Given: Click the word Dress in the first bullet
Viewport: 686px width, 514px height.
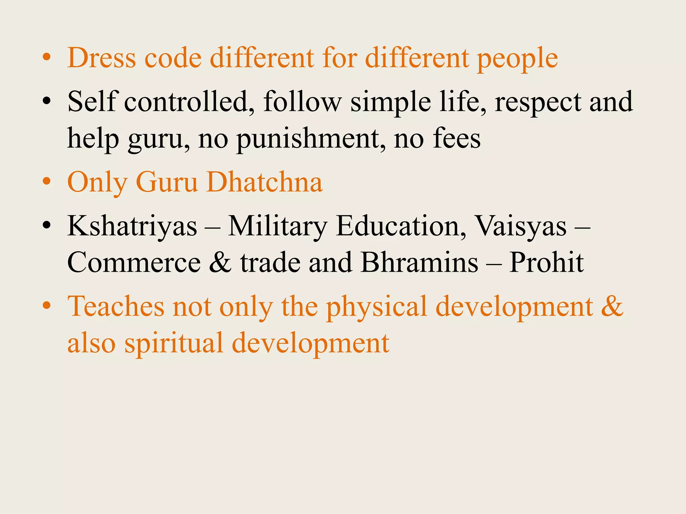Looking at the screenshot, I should [101, 58].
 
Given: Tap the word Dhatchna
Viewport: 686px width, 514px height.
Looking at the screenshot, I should [264, 182].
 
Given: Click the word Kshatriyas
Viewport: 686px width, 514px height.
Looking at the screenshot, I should [132, 227].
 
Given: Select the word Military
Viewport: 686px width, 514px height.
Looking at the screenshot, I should [277, 227].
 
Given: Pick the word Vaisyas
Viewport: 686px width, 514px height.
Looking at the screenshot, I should [521, 227].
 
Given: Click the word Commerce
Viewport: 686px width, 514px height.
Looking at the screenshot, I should [134, 263].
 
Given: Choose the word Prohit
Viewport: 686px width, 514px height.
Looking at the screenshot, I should [546, 263].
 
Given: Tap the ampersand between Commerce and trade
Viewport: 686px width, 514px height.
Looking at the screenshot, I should [220, 263].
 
